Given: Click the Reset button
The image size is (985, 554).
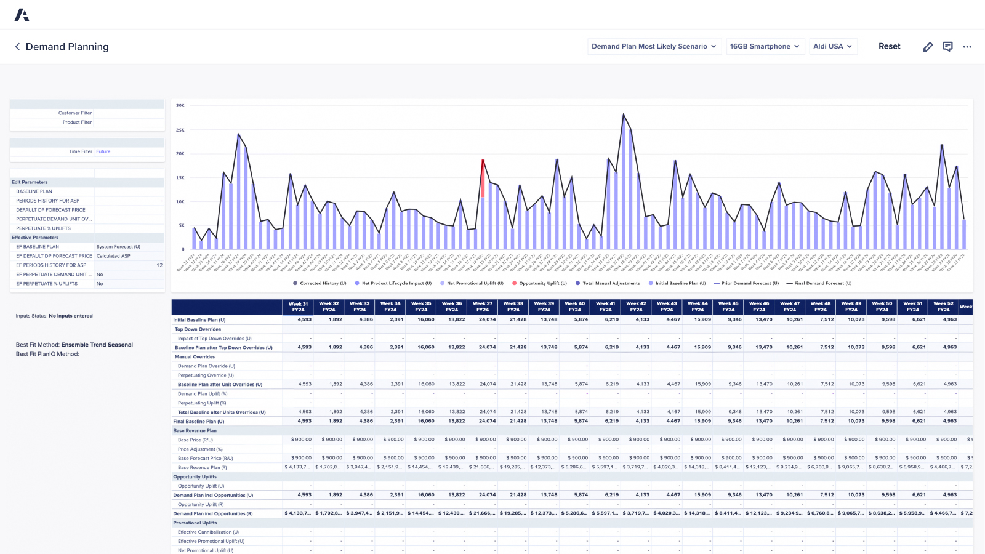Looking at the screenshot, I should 889,46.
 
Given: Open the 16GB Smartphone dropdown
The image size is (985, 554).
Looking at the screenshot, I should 765,46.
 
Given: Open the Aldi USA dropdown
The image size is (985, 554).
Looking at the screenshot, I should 832,46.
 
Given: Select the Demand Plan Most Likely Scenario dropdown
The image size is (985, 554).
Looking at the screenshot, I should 654,46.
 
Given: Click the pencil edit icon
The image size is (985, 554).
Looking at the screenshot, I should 928,47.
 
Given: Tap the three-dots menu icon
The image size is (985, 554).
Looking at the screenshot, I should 967,47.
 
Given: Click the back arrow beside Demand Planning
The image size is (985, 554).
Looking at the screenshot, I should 17,47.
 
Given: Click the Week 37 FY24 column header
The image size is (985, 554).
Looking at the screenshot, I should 482,307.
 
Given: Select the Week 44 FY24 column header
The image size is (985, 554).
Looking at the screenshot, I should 698,307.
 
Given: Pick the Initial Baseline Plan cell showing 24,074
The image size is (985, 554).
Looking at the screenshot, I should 487,319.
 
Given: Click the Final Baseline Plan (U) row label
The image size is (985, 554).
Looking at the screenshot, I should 199,422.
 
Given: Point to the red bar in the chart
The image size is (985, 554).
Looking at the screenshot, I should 483,179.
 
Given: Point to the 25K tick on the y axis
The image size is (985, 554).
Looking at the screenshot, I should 180,130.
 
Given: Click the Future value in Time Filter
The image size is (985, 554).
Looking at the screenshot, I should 103,151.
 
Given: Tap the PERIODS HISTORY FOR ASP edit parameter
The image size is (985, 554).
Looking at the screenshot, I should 48,201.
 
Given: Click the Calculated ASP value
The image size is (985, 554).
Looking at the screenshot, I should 113,256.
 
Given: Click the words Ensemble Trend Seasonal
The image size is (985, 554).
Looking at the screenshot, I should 97,345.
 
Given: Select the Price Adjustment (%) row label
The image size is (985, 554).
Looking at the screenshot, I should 200,449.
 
